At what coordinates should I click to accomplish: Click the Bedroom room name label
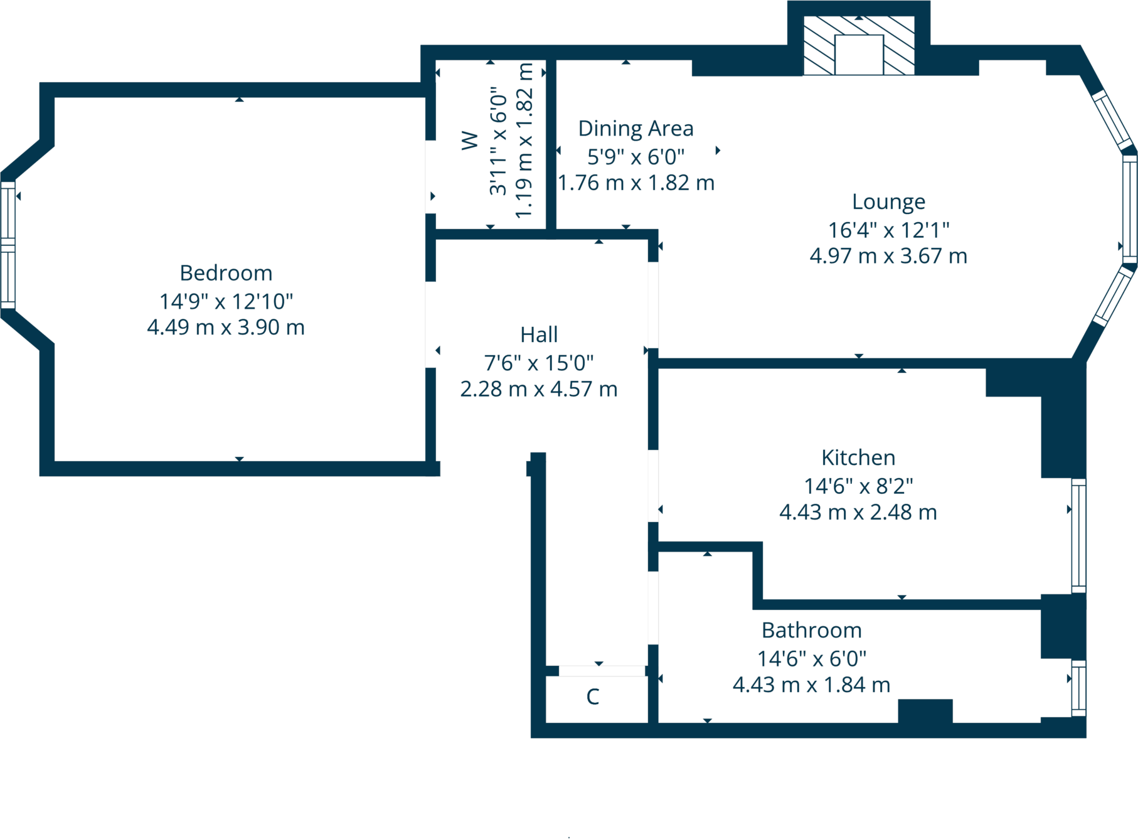tap(226, 273)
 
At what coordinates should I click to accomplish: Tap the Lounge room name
tap(888, 201)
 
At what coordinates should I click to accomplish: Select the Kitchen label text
tap(858, 457)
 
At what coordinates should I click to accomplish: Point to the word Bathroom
tap(811, 630)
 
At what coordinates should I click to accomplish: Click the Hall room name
tap(539, 334)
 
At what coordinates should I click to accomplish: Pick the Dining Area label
tap(635, 129)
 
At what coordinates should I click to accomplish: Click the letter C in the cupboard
tap(593, 697)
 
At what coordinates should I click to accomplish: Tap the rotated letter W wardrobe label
tap(470, 141)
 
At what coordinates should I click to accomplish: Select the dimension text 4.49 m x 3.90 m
tap(226, 328)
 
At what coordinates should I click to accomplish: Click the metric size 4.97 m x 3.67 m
tap(888, 256)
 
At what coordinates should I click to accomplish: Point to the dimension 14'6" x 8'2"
tap(858, 486)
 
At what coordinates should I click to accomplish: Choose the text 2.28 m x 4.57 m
tap(539, 389)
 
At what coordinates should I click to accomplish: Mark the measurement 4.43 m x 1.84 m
tap(811, 685)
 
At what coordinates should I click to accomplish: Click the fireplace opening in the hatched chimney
tap(859, 55)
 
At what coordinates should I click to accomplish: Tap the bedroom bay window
tap(8, 245)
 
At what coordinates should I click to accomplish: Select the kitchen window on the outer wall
tap(1078, 535)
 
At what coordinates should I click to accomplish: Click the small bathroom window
tap(1078, 688)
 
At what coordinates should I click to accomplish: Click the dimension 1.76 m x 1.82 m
tap(636, 183)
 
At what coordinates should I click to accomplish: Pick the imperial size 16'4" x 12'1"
tap(888, 230)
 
